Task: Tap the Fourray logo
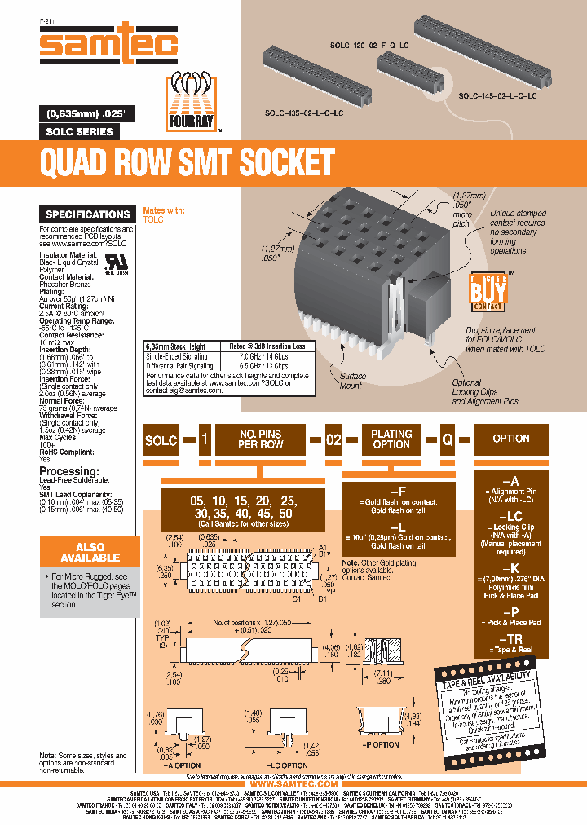point(195,100)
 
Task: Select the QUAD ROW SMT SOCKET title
point(188,163)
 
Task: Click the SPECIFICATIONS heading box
point(87,214)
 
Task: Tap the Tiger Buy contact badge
point(488,291)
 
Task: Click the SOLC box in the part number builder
point(161,439)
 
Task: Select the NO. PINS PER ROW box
point(260,439)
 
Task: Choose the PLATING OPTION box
point(391,439)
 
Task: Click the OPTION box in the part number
point(511,439)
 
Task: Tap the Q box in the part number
point(447,439)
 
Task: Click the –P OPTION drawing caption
point(380,744)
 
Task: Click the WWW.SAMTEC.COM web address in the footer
point(293,783)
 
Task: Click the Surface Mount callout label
point(353,380)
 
